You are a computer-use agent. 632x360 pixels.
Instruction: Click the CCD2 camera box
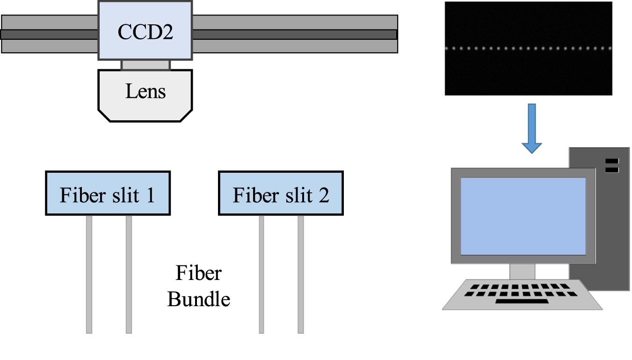click(145, 30)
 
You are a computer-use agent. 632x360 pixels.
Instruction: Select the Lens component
click(145, 96)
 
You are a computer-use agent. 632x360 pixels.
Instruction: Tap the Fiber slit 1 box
click(108, 193)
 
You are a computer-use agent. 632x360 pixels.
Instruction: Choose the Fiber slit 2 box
click(281, 193)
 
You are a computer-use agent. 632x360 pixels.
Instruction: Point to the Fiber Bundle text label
click(199, 286)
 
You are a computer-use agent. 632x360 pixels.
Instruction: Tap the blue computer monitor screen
click(523, 216)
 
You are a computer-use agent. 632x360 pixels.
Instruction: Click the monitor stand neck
click(522, 272)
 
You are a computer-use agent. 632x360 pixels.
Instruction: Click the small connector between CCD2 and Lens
click(145, 65)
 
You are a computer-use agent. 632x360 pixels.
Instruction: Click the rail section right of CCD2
click(295, 34)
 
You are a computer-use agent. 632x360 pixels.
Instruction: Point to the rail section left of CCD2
click(49, 34)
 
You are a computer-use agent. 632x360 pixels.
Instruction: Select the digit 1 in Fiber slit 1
click(150, 195)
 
